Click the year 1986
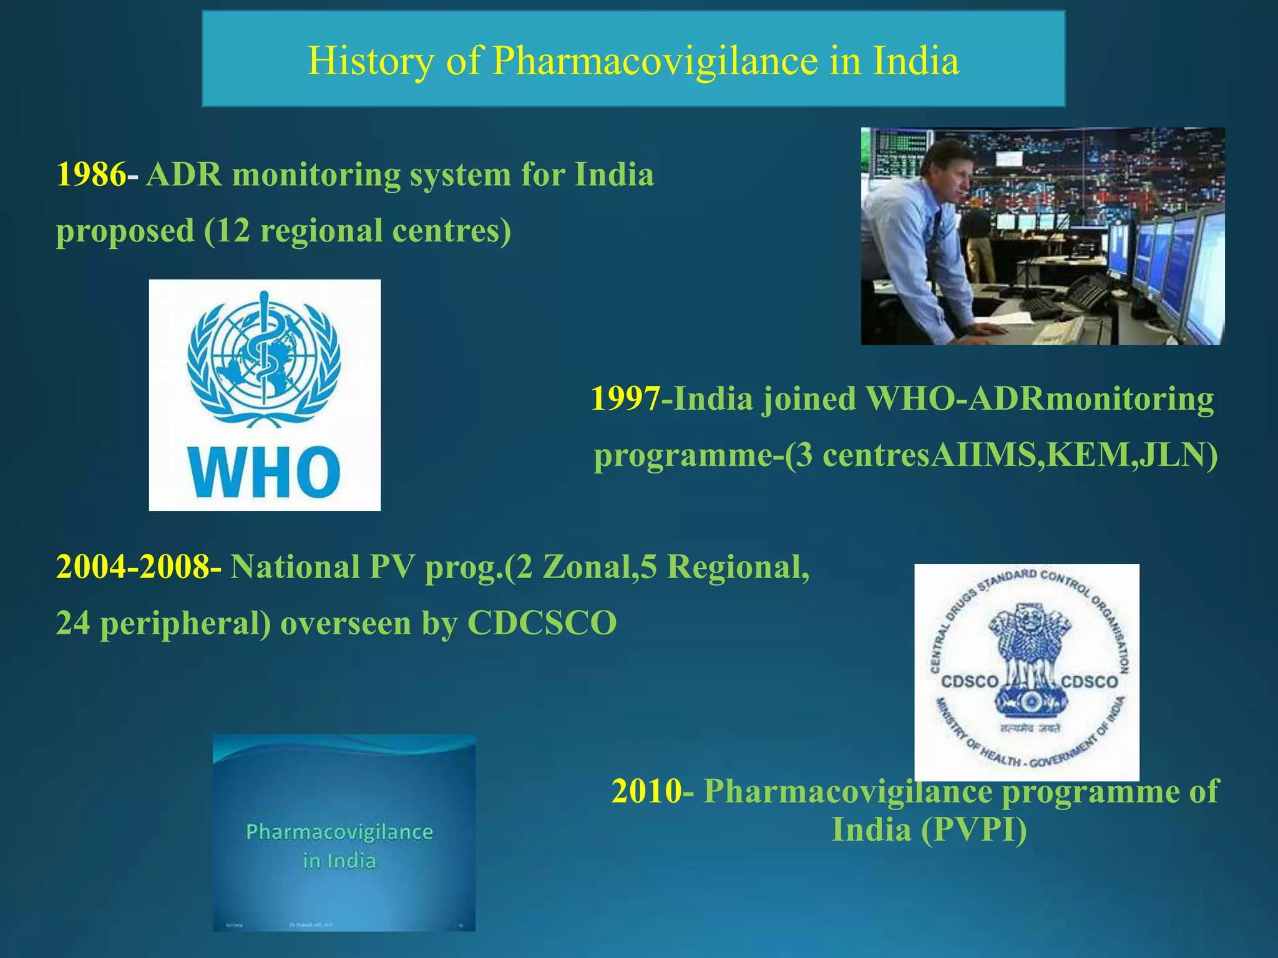[x=90, y=175]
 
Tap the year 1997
[x=625, y=399]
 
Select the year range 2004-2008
[x=138, y=568]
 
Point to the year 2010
[x=646, y=791]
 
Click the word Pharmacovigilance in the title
[x=655, y=61]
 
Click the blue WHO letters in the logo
[x=265, y=473]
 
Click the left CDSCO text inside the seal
[x=970, y=682]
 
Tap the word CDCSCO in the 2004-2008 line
[x=542, y=623]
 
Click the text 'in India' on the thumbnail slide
[x=339, y=861]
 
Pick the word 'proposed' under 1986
[x=125, y=231]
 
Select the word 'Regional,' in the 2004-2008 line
[x=738, y=568]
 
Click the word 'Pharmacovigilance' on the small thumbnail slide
[x=339, y=832]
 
